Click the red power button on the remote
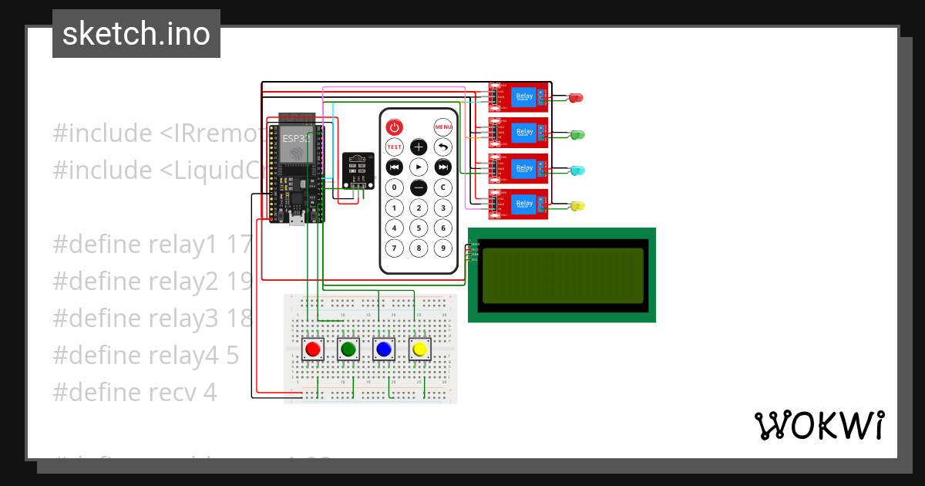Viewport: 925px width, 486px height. pyautogui.click(x=394, y=127)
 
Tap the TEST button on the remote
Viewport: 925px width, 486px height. pyautogui.click(x=394, y=147)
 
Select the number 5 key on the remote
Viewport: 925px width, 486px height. pyautogui.click(x=419, y=228)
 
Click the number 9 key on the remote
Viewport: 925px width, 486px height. pyautogui.click(x=442, y=248)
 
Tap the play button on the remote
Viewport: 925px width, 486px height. pyautogui.click(x=419, y=167)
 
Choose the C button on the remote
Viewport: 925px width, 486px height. pyautogui.click(x=442, y=187)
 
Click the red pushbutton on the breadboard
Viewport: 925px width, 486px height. pyautogui.click(x=313, y=349)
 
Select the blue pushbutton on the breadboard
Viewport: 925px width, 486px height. pyautogui.click(x=384, y=349)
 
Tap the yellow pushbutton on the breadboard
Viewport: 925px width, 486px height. pyautogui.click(x=419, y=349)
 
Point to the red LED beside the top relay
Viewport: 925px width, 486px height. pyautogui.click(x=575, y=98)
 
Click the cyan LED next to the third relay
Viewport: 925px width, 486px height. pyautogui.click(x=576, y=170)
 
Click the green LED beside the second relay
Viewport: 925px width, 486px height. pyautogui.click(x=576, y=134)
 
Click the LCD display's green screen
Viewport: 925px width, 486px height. pyautogui.click(x=562, y=275)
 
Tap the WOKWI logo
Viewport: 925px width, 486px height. pyautogui.click(x=819, y=425)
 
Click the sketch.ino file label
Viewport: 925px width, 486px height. pyautogui.click(x=136, y=34)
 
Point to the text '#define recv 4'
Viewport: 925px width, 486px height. pyautogui.click(x=135, y=392)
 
